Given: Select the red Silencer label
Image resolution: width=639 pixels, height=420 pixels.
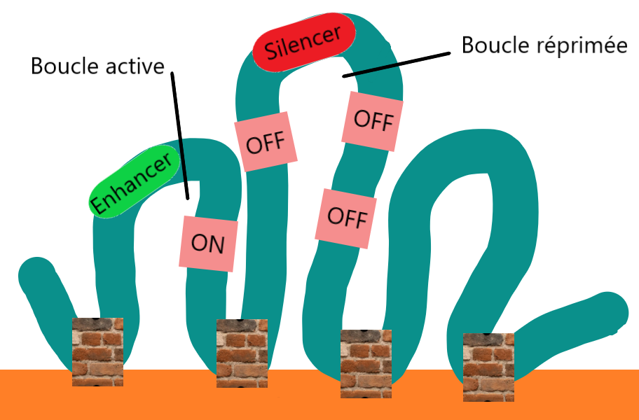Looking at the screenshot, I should (x=304, y=41).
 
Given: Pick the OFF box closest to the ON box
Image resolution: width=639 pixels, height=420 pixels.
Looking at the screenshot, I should (x=265, y=144).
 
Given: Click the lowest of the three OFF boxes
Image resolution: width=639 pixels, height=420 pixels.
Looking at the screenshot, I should (x=345, y=218).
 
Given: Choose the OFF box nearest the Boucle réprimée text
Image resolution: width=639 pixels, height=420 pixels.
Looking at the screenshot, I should (x=372, y=120).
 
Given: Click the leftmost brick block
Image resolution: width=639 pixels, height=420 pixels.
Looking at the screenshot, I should (x=97, y=351).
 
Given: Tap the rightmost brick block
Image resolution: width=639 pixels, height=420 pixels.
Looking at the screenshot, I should (x=489, y=367).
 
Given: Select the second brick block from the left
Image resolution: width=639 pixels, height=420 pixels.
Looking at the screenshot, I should (x=242, y=353).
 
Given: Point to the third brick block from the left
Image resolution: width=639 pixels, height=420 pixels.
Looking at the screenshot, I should (x=366, y=363).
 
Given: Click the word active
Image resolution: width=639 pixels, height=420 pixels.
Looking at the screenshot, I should (x=132, y=66).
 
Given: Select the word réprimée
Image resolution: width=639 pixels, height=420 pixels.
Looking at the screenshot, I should (x=586, y=45).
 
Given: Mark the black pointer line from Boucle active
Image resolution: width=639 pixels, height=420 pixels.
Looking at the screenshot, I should (x=180, y=133).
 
